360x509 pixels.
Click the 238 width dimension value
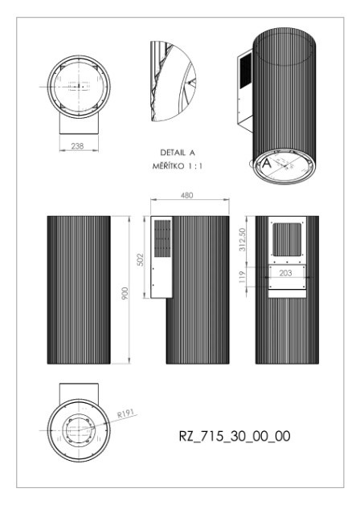click(78, 146)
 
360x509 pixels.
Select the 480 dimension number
click(186, 195)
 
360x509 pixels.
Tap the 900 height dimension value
click(125, 294)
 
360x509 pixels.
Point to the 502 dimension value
click(140, 259)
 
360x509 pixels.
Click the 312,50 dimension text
click(243, 239)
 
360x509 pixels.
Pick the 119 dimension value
click(243, 277)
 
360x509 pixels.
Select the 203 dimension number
click(285, 273)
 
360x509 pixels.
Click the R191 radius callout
click(125, 413)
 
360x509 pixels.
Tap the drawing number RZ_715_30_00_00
click(235, 436)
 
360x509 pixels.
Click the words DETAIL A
click(178, 153)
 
